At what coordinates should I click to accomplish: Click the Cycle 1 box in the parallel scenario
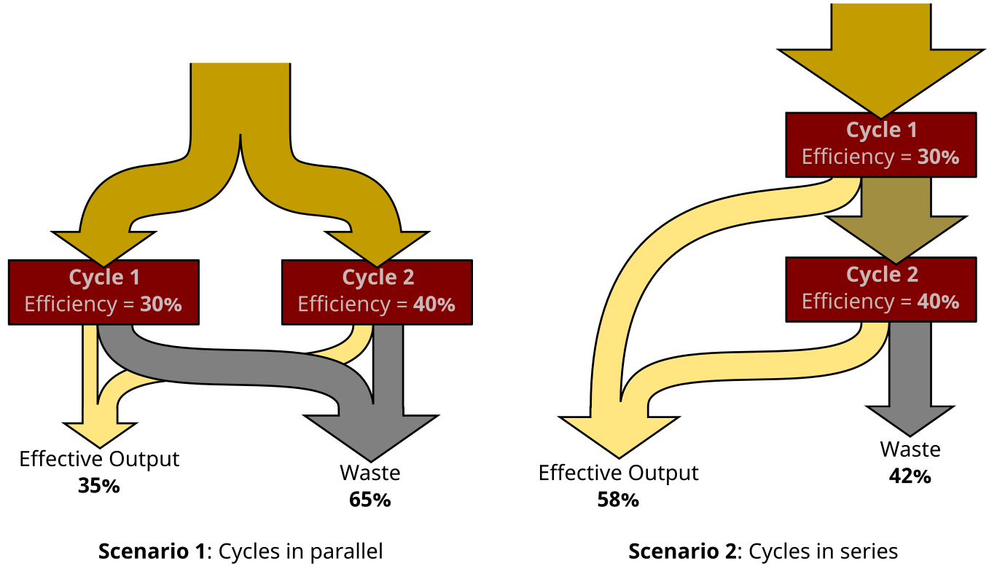click(x=103, y=291)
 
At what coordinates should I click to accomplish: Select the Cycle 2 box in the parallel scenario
click(x=377, y=291)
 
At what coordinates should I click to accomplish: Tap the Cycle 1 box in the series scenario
click(x=880, y=144)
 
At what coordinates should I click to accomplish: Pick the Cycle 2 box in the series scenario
click(x=880, y=289)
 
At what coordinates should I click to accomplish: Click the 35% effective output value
click(x=98, y=486)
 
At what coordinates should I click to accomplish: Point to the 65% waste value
click(x=370, y=500)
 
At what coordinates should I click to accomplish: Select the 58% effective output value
click(x=618, y=500)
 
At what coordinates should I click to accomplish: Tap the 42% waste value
click(x=910, y=476)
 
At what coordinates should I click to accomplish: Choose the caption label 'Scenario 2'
click(x=682, y=551)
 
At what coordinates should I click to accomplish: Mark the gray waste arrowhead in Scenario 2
click(x=910, y=418)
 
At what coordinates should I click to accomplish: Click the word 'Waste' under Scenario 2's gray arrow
click(x=910, y=449)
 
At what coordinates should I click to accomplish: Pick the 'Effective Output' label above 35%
click(x=98, y=459)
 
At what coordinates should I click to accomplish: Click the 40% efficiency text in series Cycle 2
click(x=941, y=302)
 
